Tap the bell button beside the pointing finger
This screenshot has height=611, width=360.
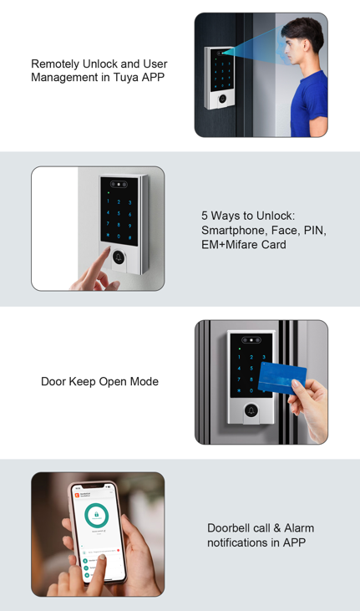tap(120, 257)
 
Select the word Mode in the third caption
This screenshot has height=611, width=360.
tap(143, 382)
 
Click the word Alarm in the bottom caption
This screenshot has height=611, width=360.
tap(299, 528)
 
